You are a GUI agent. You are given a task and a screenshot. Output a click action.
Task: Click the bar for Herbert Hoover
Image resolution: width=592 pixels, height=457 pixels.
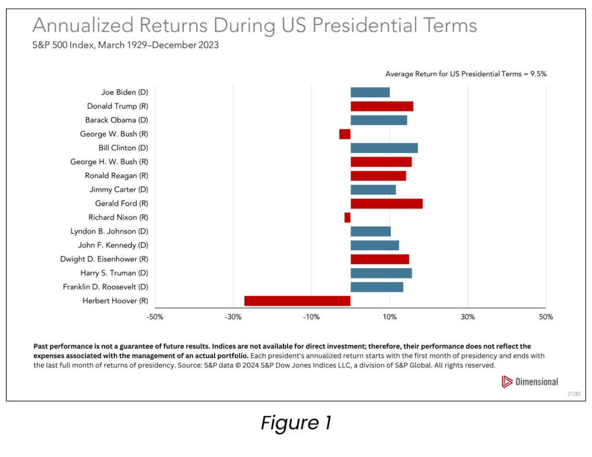(297, 300)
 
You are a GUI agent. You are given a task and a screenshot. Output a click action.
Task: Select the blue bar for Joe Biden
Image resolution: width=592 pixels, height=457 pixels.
(370, 92)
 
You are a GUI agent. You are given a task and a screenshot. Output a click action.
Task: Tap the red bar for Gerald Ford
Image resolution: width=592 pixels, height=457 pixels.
(386, 203)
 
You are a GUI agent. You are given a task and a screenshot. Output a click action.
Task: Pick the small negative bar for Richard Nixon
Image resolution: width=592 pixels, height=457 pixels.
(347, 217)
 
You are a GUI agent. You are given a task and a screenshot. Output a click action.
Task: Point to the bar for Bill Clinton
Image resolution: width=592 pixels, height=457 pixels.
(384, 148)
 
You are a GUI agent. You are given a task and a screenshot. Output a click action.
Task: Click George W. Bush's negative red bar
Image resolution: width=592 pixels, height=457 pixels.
(345, 134)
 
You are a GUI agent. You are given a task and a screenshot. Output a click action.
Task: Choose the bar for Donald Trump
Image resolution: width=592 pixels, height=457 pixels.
(382, 106)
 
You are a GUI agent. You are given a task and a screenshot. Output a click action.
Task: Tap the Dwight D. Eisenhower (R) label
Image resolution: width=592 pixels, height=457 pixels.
(104, 259)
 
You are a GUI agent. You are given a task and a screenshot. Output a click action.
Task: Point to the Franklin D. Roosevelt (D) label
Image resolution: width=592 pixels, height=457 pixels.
(106, 287)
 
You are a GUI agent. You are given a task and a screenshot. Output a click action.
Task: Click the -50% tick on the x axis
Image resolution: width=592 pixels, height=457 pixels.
(155, 317)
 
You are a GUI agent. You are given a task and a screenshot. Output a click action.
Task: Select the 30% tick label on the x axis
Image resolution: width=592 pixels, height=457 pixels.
(468, 317)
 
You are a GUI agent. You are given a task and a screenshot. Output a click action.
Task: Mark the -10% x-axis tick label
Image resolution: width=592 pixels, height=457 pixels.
(311, 317)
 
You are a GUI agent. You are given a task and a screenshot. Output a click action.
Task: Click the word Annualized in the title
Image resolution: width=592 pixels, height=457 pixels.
(81, 26)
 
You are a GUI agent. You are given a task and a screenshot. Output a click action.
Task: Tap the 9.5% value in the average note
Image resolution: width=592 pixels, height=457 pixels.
(539, 75)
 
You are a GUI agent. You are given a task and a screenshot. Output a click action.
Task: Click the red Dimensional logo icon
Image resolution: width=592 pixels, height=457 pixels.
(507, 381)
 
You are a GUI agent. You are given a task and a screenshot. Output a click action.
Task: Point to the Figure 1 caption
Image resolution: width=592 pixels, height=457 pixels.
(295, 423)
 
